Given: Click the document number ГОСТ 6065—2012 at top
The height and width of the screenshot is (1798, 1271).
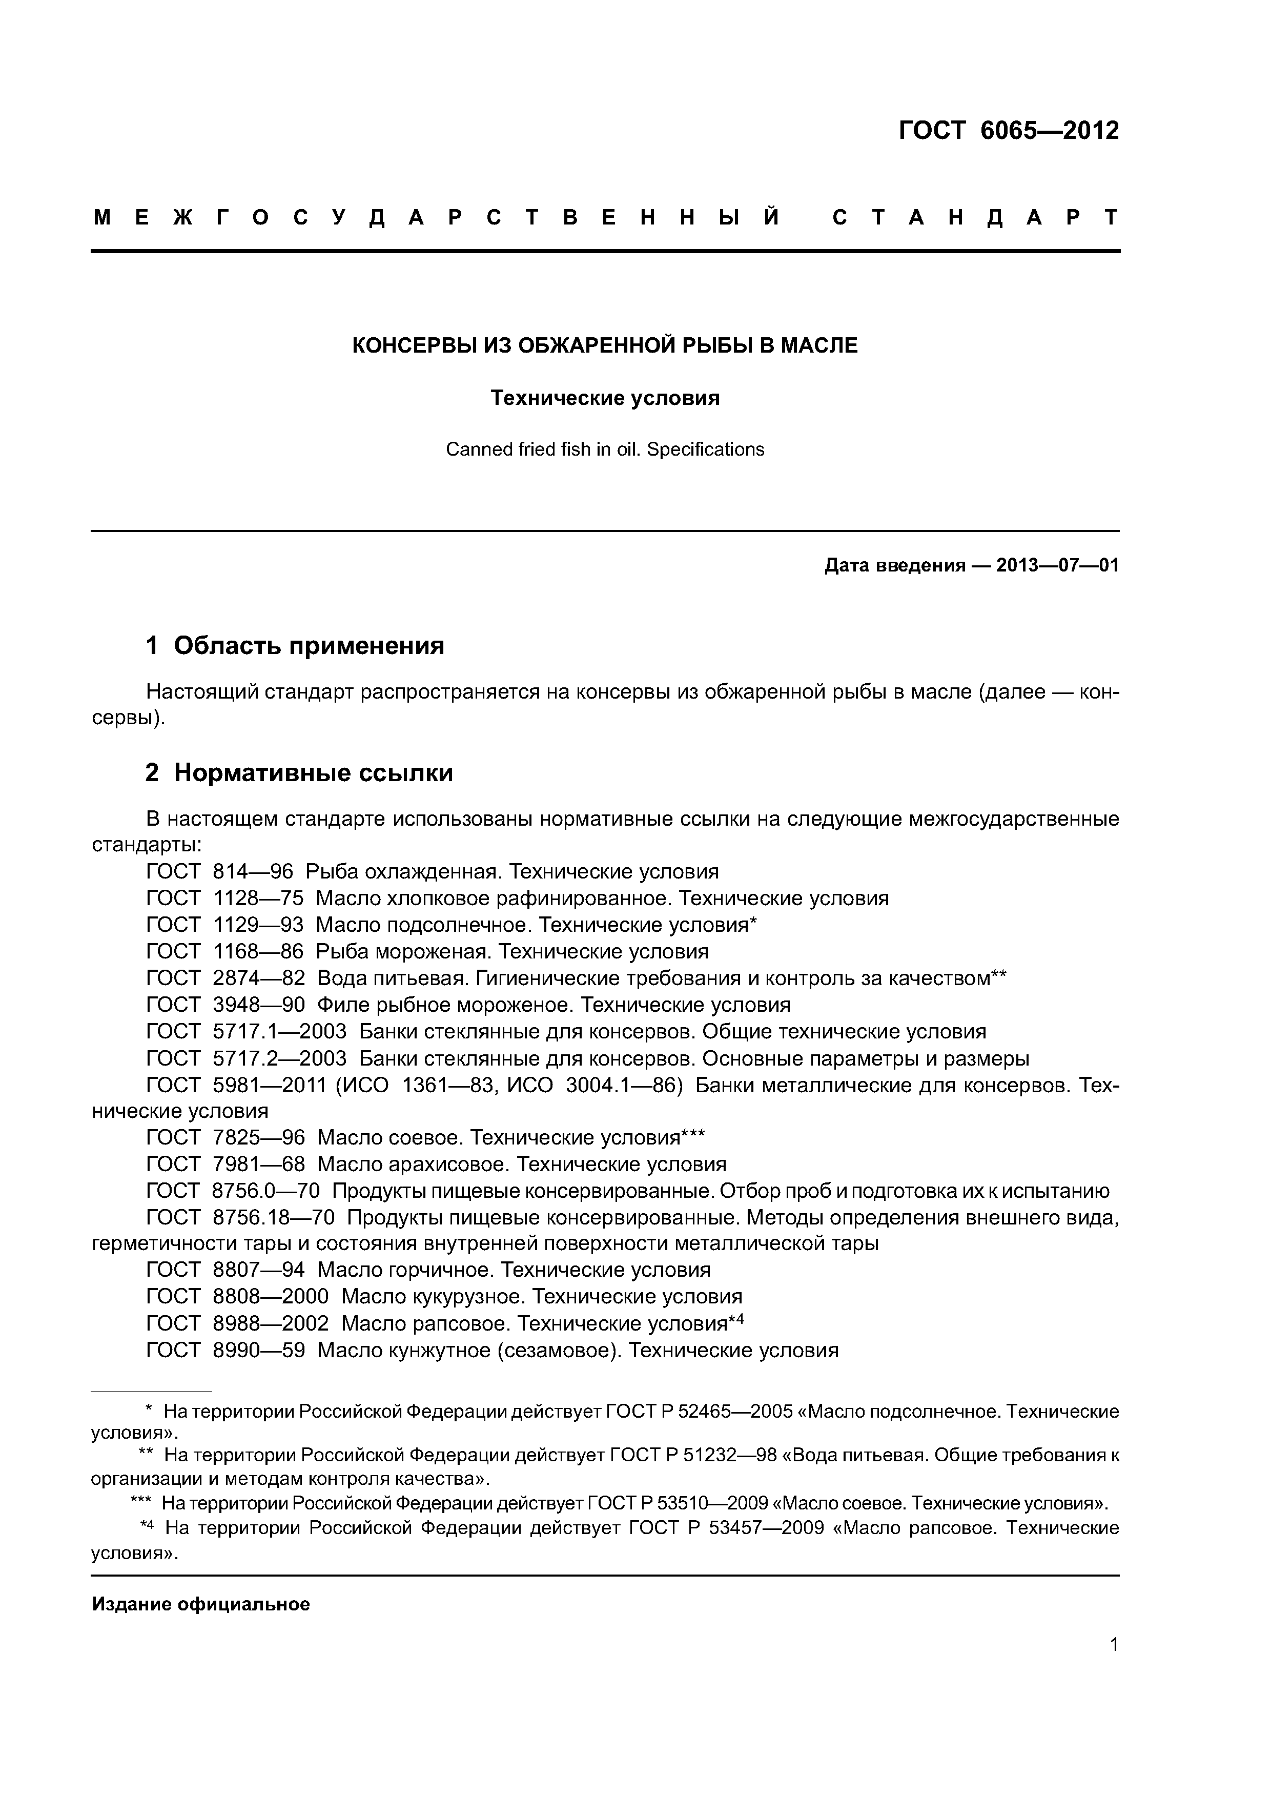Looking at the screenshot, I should pos(1008,130).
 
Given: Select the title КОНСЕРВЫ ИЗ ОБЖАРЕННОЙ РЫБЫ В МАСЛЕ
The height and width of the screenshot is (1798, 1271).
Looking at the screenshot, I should pos(605,345).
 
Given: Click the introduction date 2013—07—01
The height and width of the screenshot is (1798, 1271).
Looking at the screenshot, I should pos(1057,565).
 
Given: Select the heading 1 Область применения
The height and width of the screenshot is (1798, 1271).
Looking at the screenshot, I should pos(295,645).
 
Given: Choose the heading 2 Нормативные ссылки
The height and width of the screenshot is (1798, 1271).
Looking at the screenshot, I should pos(299,773).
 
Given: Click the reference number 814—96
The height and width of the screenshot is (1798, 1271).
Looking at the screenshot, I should pos(252,872).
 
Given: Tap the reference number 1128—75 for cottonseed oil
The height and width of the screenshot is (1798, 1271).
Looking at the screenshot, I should pos(258,898).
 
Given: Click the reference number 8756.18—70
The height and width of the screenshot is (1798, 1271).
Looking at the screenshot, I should pos(273,1218).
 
